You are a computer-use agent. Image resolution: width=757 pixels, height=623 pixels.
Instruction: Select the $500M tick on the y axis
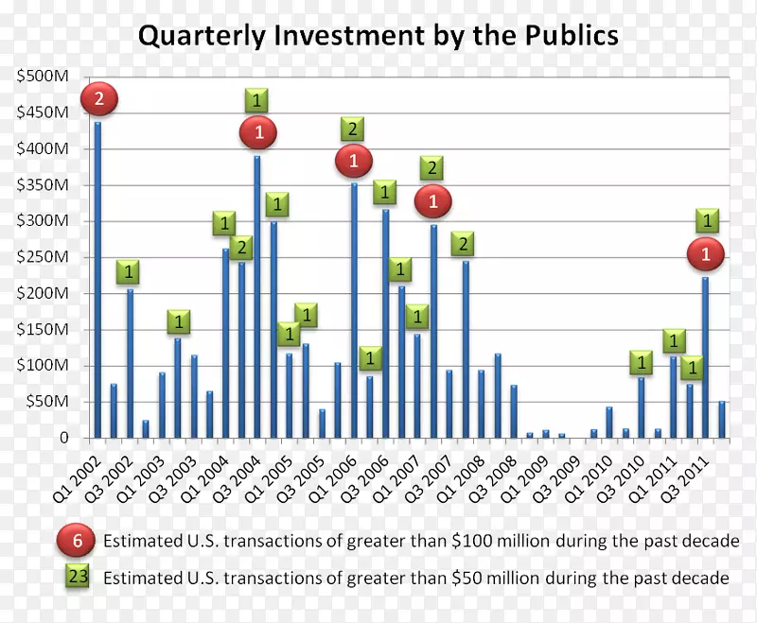point(42,77)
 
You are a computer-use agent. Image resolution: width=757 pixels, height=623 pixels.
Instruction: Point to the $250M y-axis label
point(42,257)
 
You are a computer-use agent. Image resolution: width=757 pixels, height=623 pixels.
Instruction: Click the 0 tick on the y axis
point(63,438)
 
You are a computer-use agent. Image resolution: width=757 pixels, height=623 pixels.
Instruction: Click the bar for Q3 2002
point(130,364)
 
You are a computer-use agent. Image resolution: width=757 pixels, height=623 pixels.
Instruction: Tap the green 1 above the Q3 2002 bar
point(130,272)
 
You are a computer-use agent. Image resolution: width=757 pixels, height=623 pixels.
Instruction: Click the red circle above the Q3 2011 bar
point(705,253)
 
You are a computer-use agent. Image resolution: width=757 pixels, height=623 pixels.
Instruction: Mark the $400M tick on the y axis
point(42,149)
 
